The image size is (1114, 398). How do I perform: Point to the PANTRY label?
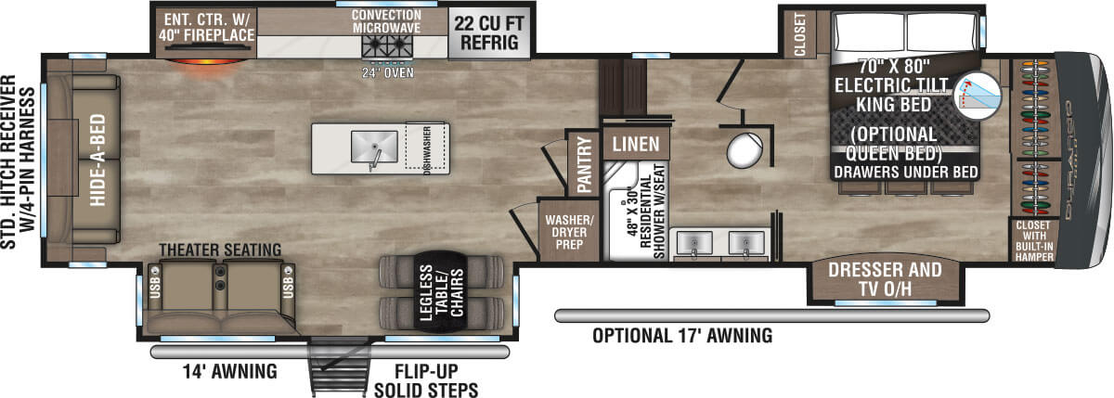(584, 165)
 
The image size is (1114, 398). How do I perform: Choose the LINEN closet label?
(635, 144)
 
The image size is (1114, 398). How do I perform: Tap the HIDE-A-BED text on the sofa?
(97, 160)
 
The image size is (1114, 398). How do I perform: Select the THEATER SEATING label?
(220, 250)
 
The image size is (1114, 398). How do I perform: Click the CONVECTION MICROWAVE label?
(387, 21)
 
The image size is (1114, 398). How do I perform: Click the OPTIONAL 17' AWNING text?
(682, 336)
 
